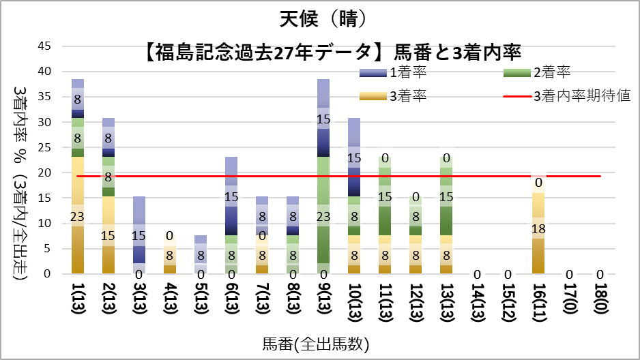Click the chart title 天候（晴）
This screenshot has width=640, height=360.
(320, 18)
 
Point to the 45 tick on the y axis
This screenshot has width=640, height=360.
(44, 46)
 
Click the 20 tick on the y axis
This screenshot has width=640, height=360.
(44, 172)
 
